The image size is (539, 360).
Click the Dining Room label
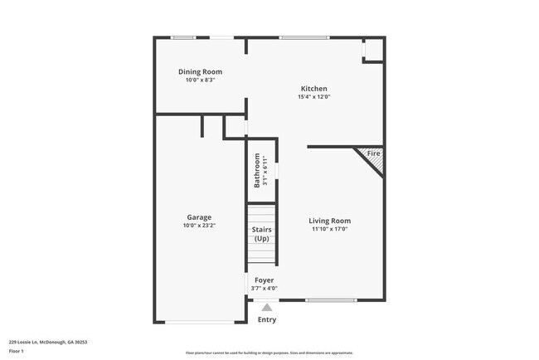200,72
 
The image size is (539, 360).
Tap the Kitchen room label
313,89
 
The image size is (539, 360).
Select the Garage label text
199,217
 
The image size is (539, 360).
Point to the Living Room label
329,221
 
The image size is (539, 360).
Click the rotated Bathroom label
257,168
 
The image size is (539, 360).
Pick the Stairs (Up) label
261,234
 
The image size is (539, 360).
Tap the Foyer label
264,280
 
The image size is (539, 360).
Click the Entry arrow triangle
266,307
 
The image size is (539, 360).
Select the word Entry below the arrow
266,319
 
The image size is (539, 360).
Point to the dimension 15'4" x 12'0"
313,97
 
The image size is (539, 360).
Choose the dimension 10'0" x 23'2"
199,226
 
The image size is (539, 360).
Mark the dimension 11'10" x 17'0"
329,229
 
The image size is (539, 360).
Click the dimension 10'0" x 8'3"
200,80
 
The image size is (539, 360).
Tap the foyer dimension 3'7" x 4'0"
264,289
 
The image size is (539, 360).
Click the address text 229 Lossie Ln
47,341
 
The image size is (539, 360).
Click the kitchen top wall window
303,37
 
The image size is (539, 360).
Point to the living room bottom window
331,299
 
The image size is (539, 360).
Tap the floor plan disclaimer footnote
269,352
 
